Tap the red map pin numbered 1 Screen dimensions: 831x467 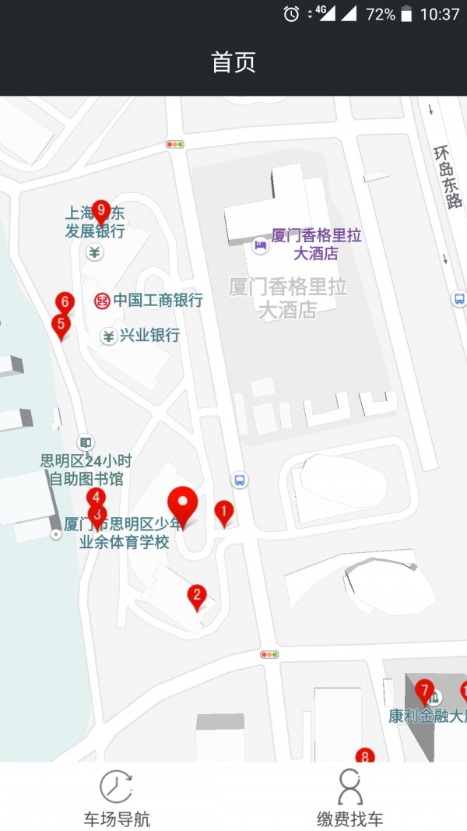224,512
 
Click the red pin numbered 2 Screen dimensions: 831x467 197,597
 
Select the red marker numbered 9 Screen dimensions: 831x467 100,210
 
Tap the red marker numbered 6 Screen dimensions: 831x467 65,301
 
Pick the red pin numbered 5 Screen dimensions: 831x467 61,325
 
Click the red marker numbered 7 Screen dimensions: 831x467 424,689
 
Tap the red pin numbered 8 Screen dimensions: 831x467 364,755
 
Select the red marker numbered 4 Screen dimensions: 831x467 96,498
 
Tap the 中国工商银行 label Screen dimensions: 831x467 158,301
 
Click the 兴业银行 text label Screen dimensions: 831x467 149,336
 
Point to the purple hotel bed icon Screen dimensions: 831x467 260,245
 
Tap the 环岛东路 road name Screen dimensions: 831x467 448,177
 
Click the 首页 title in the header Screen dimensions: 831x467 233,62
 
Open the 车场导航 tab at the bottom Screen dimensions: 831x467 117,798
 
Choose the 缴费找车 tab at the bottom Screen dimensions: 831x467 350,798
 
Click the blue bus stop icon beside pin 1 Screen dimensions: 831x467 241,480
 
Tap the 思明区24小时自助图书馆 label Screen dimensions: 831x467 86,470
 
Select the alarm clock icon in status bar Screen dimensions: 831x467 291,13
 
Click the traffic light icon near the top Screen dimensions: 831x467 175,144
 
